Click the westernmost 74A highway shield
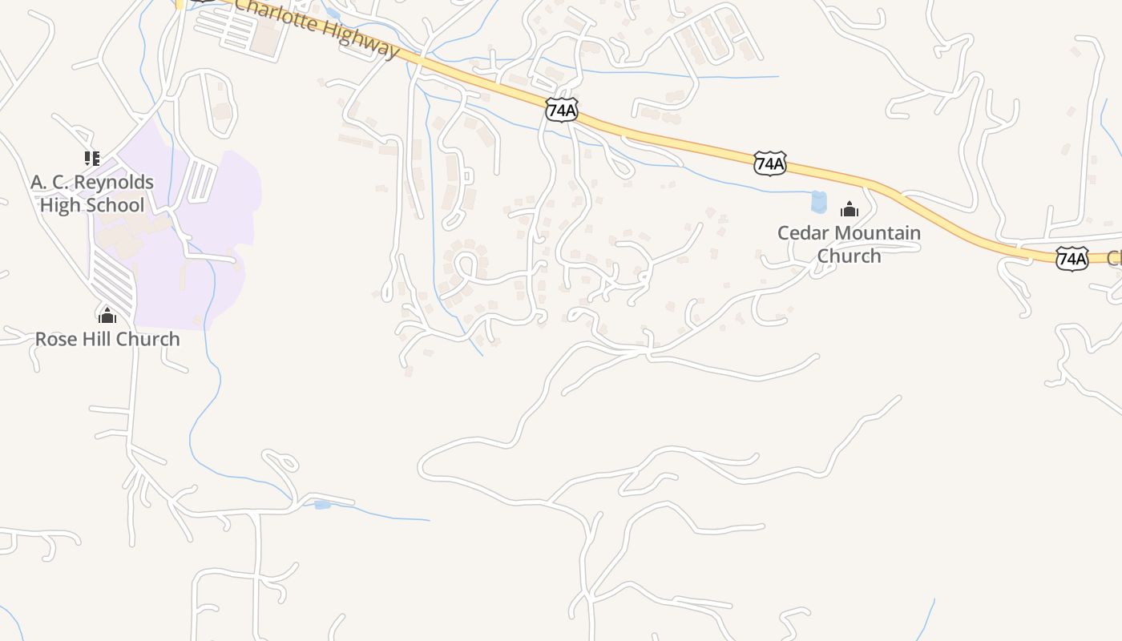562,110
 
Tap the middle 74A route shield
769,163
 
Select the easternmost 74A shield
1072,258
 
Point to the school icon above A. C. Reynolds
92,158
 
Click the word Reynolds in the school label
113,183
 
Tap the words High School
92,205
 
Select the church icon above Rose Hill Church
107,315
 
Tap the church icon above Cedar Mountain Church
850,210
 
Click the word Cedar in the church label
804,233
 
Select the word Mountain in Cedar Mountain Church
878,233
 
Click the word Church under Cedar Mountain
849,256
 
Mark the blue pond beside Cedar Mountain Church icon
818,202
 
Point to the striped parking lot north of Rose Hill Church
112,280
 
